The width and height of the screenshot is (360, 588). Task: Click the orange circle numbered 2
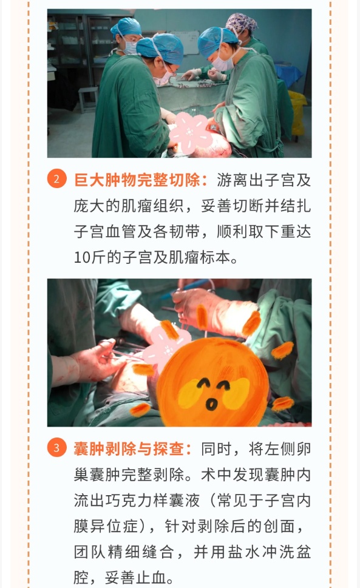[56, 178]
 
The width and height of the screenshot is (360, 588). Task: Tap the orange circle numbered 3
[56, 447]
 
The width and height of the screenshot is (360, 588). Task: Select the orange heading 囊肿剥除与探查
[129, 448]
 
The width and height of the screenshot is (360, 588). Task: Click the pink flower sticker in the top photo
[191, 133]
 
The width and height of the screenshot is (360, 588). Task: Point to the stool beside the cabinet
[87, 98]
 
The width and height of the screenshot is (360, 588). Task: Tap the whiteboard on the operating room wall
[186, 42]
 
